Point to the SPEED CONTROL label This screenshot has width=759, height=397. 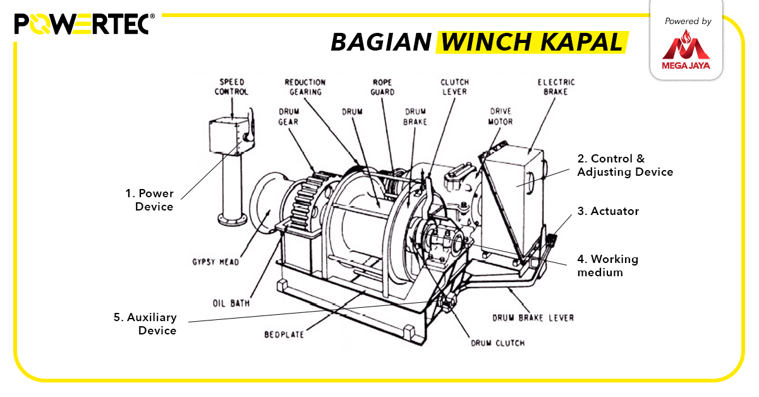pos(232,87)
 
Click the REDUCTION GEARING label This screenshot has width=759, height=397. pos(305,87)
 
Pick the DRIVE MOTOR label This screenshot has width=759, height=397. pos(501,116)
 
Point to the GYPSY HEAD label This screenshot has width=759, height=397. pos(216,262)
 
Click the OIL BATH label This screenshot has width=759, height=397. pos(231,303)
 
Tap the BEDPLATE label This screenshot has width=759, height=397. pos(284,334)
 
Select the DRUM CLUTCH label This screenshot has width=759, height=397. pos(497,343)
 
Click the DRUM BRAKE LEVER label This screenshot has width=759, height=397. pos(533,317)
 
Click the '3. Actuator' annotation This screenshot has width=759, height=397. pos(607,211)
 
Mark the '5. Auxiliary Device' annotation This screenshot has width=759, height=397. pos(145,324)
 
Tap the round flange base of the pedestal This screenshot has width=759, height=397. pos(232,220)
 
